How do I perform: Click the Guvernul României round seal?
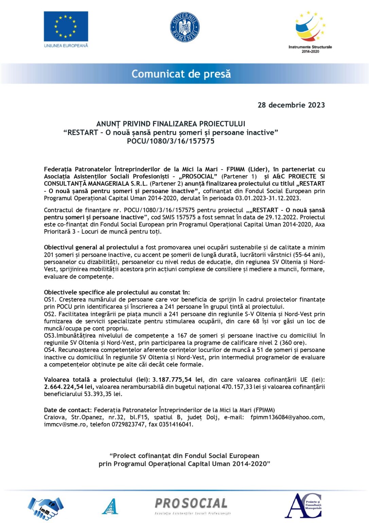184,28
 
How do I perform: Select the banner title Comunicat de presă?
181,74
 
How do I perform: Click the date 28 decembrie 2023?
291,105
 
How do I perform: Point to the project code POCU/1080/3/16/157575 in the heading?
171,141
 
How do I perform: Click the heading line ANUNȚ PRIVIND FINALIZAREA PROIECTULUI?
171,124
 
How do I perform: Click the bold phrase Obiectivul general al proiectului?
91,248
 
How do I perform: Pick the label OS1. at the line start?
50,300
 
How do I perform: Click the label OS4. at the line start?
50,350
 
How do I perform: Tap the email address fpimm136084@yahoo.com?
287,417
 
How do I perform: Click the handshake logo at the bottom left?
46,507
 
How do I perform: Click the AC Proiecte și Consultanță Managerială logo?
303,506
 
